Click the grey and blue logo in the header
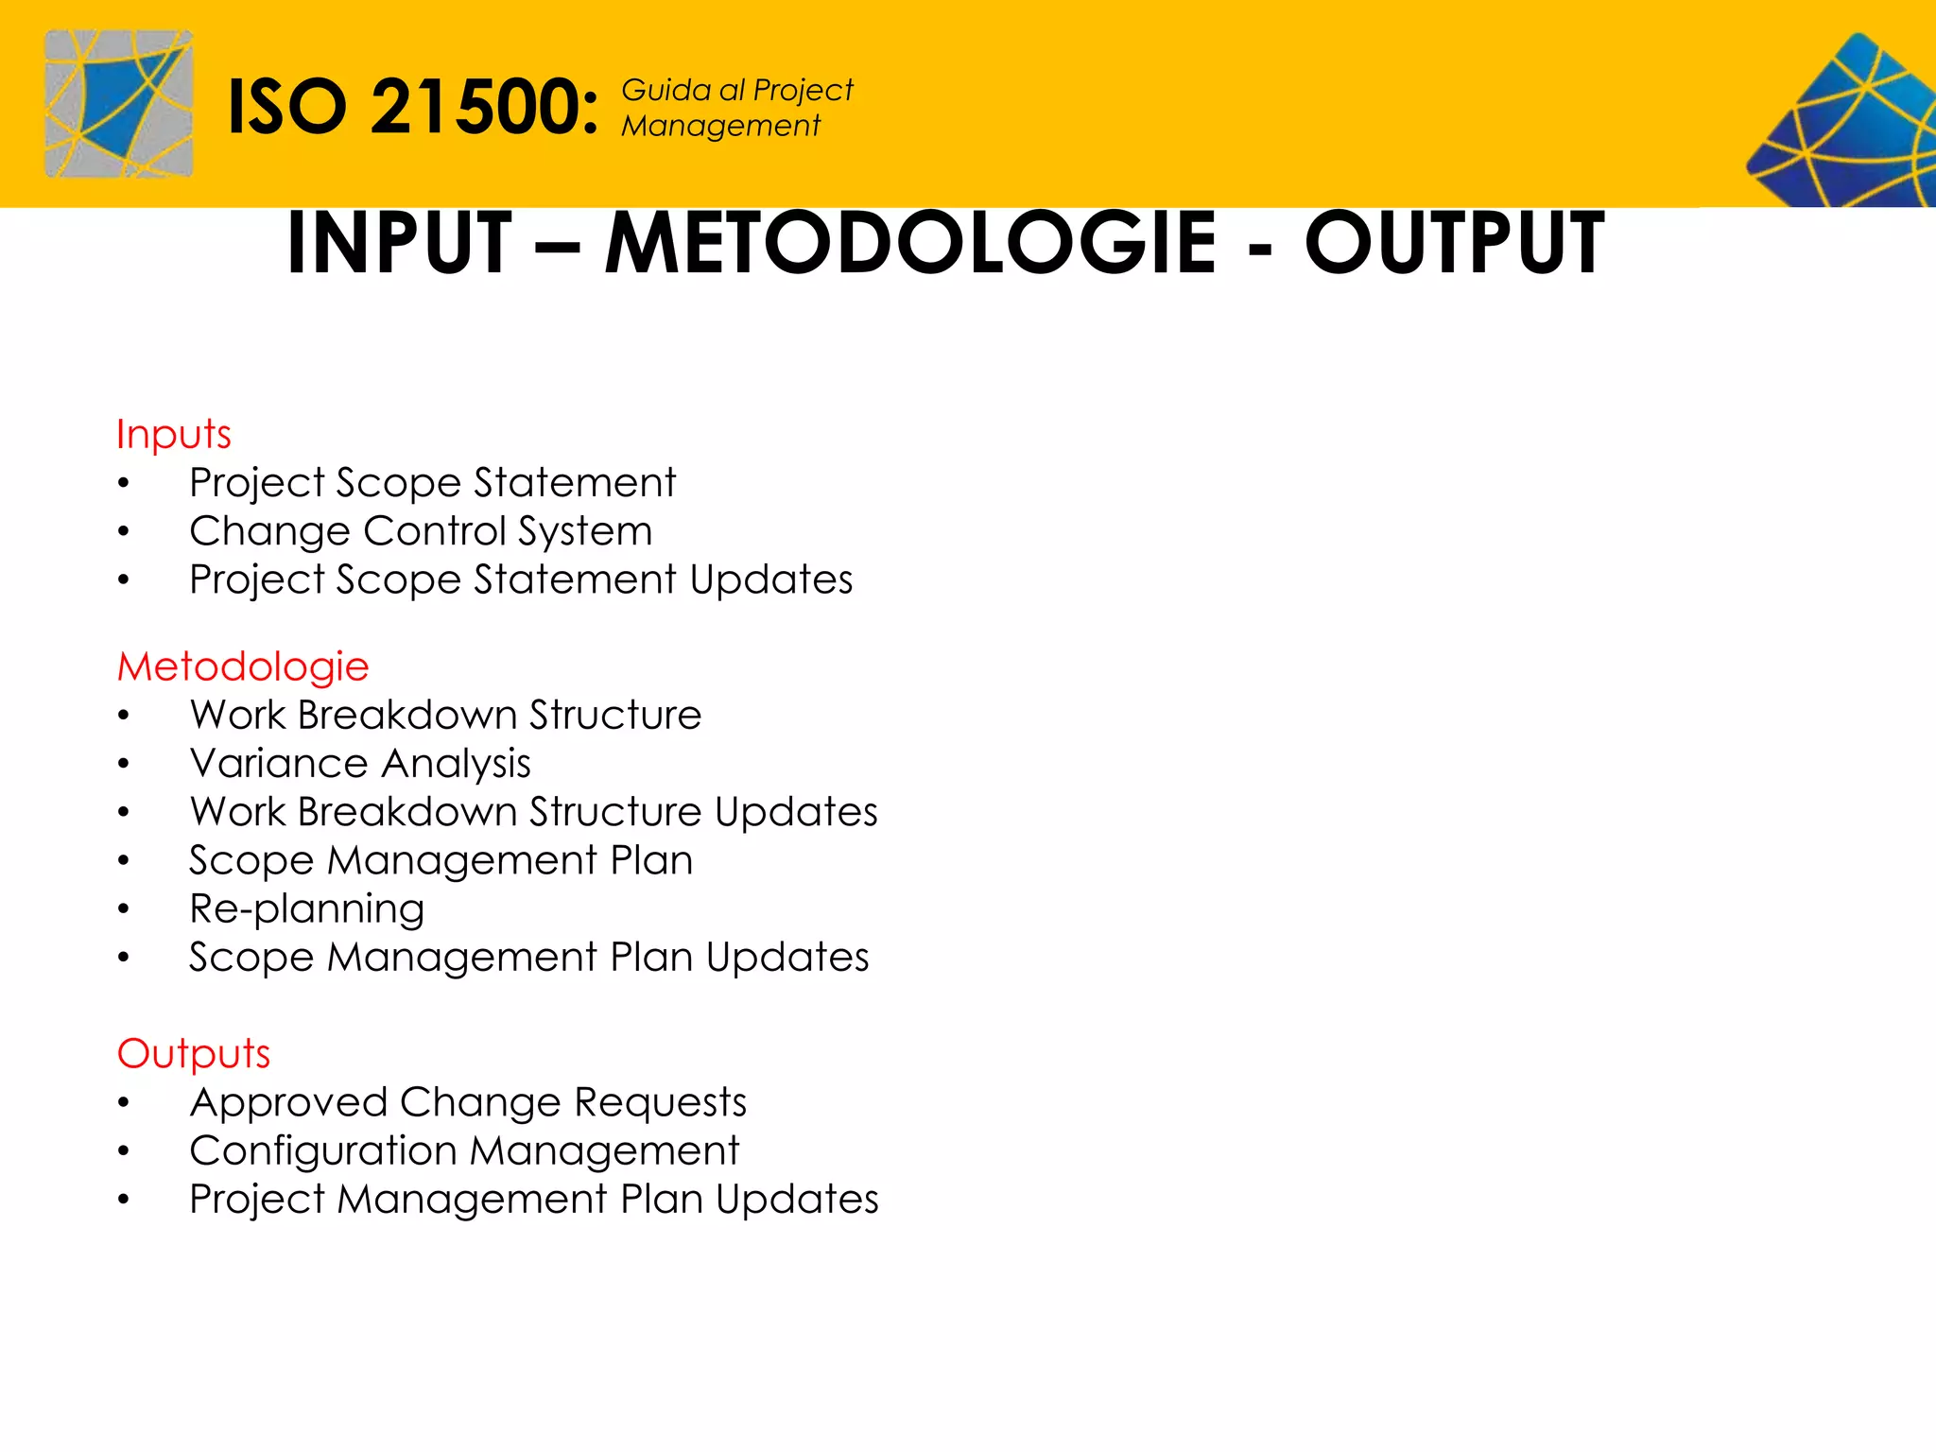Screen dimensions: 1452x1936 point(119,104)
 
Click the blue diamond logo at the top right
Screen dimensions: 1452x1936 point(1843,123)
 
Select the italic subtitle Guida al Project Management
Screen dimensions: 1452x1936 point(736,108)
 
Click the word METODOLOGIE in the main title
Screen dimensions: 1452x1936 point(910,243)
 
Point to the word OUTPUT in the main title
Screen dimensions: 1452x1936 point(1454,243)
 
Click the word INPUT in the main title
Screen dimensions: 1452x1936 point(399,243)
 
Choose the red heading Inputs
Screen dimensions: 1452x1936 point(174,435)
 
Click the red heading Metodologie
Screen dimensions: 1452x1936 point(243,667)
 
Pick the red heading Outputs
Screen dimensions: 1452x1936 point(194,1054)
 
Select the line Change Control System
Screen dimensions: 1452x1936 point(421,531)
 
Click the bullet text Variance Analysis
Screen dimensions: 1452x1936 point(360,764)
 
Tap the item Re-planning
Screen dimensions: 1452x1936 point(307,909)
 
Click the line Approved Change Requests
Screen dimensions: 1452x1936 point(468,1103)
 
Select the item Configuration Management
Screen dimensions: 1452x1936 point(464,1151)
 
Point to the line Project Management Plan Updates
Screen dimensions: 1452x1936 point(534,1200)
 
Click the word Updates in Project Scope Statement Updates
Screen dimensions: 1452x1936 point(771,579)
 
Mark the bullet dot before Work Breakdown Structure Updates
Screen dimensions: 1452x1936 point(124,813)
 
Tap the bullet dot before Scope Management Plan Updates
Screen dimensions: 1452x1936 point(124,959)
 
